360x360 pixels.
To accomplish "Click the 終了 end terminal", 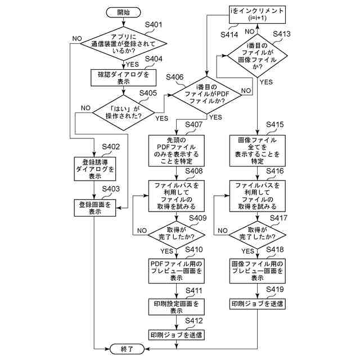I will tap(128, 349).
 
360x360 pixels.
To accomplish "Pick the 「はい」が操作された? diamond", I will tap(124, 112).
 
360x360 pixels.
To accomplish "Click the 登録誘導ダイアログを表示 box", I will tap(94, 168).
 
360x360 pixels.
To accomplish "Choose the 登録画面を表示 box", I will tap(94, 208).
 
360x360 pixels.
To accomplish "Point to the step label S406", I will tap(174, 76).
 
